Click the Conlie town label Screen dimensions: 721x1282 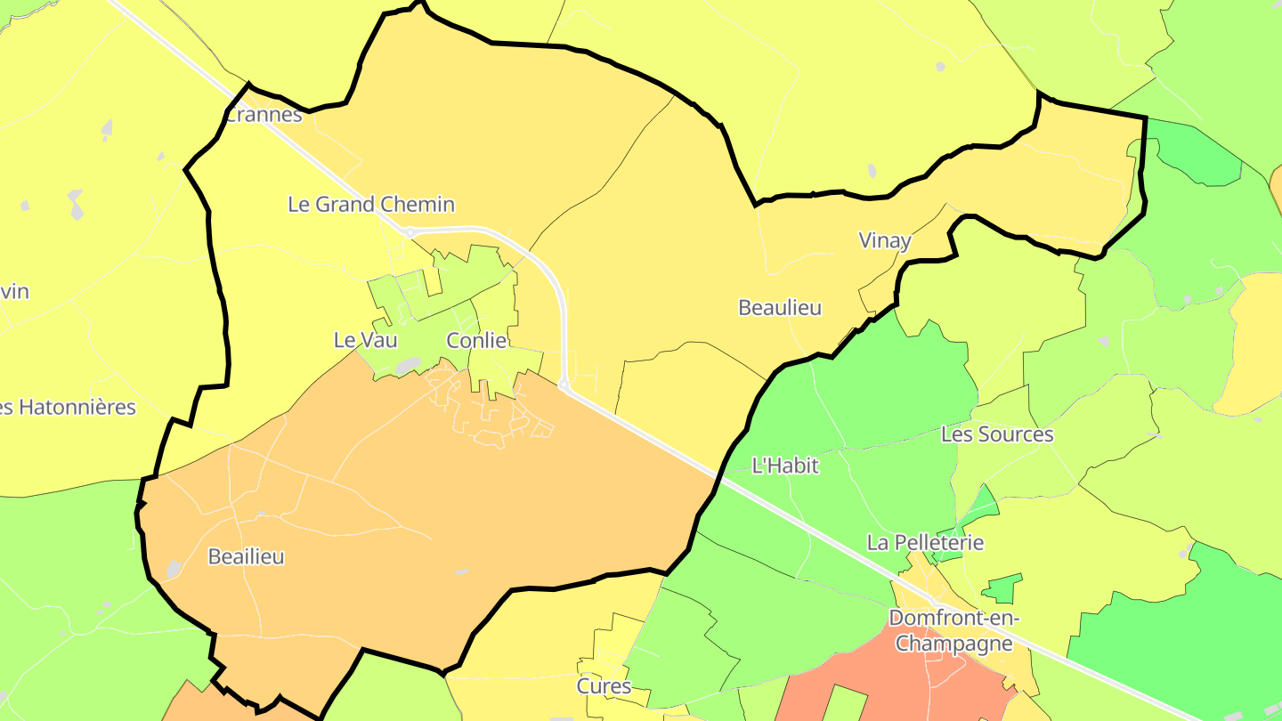pyautogui.click(x=476, y=341)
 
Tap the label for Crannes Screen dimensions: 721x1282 pyautogui.click(x=264, y=115)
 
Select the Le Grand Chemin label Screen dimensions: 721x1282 pyautogui.click(x=371, y=205)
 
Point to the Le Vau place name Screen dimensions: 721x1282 pyautogui.click(x=365, y=340)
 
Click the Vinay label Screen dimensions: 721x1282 pyautogui.click(x=885, y=240)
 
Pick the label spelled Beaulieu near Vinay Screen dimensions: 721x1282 pyautogui.click(x=780, y=308)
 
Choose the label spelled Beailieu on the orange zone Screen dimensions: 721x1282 pyautogui.click(x=246, y=557)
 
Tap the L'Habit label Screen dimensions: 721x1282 pyautogui.click(x=784, y=466)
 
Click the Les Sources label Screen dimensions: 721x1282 pyautogui.click(x=997, y=434)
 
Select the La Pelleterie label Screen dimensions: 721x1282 pyautogui.click(x=926, y=543)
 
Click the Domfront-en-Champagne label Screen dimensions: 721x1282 pyautogui.click(x=953, y=630)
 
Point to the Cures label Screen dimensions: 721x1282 pyautogui.click(x=604, y=686)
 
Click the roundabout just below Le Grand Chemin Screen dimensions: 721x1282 pyautogui.click(x=410, y=233)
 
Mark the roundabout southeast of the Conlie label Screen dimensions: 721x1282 pyautogui.click(x=564, y=385)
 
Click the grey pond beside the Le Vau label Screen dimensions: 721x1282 pyautogui.click(x=407, y=365)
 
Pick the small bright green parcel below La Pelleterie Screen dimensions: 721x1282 pyautogui.click(x=1003, y=588)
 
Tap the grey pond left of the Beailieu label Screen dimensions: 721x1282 pyautogui.click(x=174, y=569)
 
